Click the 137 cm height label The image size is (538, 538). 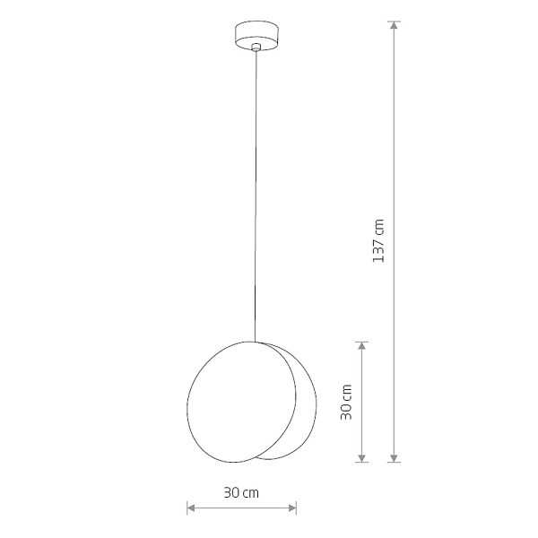(x=378, y=240)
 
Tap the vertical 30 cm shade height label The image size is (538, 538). (x=346, y=402)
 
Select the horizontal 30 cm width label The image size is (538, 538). (x=241, y=493)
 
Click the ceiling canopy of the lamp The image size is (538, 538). (x=256, y=36)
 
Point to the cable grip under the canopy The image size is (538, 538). (x=256, y=47)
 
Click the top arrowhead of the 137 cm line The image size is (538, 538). (x=395, y=25)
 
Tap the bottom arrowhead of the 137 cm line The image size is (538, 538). (x=395, y=458)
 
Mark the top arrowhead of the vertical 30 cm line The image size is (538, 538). (x=361, y=345)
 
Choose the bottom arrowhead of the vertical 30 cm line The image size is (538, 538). (x=361, y=458)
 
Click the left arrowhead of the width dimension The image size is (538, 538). (x=191, y=508)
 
